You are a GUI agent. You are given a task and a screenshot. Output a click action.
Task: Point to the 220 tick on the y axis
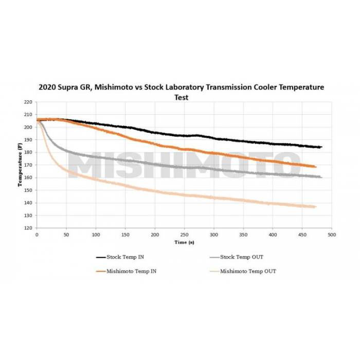pos(28,102)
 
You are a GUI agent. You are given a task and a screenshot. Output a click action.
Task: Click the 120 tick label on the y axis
pos(28,228)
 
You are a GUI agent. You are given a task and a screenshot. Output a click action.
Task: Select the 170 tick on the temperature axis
pos(28,165)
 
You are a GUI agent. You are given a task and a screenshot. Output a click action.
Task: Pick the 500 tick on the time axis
pos(332,235)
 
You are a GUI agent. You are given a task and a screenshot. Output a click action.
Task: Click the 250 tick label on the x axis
pos(184,235)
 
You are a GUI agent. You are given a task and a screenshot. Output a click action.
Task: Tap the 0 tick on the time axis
pos(37,235)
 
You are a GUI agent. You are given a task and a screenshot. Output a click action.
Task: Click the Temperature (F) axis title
pos(21,165)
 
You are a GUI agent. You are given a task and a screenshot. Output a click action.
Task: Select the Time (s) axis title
pos(184,242)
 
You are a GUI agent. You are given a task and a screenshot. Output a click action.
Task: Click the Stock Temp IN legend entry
pos(124,257)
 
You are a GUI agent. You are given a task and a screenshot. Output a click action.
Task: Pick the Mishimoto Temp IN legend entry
pos(129,271)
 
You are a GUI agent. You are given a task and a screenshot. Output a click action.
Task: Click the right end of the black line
pos(321,147)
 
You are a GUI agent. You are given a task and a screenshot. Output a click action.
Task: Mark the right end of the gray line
pos(321,177)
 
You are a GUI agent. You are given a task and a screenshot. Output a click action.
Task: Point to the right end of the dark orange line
pos(315,167)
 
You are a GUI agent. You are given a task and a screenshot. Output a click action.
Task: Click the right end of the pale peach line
pos(315,207)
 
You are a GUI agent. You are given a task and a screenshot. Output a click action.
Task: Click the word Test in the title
pos(181,97)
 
